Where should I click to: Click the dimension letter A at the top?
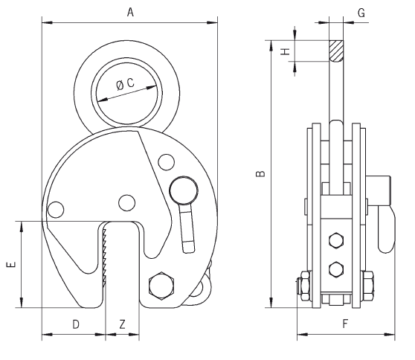click(x=130, y=13)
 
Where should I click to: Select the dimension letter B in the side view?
click(x=261, y=173)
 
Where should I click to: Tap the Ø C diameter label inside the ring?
click(x=126, y=83)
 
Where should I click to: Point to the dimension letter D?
click(x=76, y=324)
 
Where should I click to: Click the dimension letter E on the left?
click(x=11, y=264)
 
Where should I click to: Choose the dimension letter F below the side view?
click(x=345, y=324)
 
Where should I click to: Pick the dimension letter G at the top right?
click(x=361, y=13)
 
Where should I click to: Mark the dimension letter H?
click(x=286, y=51)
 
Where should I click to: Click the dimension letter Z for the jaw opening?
click(x=122, y=324)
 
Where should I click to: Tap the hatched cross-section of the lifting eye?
click(x=336, y=51)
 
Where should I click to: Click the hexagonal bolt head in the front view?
click(x=161, y=286)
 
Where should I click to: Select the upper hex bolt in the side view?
click(x=336, y=241)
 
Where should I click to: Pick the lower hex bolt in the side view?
click(x=336, y=269)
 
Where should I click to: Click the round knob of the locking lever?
click(x=184, y=190)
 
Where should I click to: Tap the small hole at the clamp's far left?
click(x=56, y=210)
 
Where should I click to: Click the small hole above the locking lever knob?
click(x=166, y=162)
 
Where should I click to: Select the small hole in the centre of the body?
click(x=126, y=203)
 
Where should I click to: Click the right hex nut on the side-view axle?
click(x=368, y=286)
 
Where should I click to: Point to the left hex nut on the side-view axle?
click(x=306, y=286)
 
